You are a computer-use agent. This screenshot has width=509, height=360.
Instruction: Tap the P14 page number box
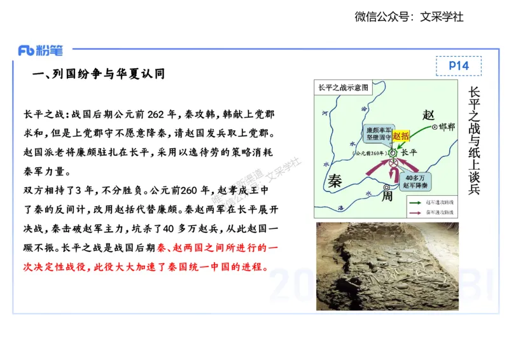tap(458, 66)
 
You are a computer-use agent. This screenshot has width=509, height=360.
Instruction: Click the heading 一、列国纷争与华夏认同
tap(99, 74)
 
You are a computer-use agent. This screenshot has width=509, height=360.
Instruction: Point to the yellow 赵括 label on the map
tap(401, 135)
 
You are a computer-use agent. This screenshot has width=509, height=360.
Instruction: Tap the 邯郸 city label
tap(447, 127)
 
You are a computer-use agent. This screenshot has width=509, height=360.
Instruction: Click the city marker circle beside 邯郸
tap(435, 127)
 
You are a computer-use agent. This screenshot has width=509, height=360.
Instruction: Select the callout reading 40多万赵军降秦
tap(414, 181)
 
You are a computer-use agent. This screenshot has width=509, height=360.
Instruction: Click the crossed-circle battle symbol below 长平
tap(394, 163)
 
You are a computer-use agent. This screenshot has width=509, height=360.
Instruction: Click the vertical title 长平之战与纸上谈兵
tap(474, 140)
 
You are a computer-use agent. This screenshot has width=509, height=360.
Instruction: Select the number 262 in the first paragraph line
tap(155, 114)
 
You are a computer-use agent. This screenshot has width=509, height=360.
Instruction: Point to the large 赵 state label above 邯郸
tap(428, 114)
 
